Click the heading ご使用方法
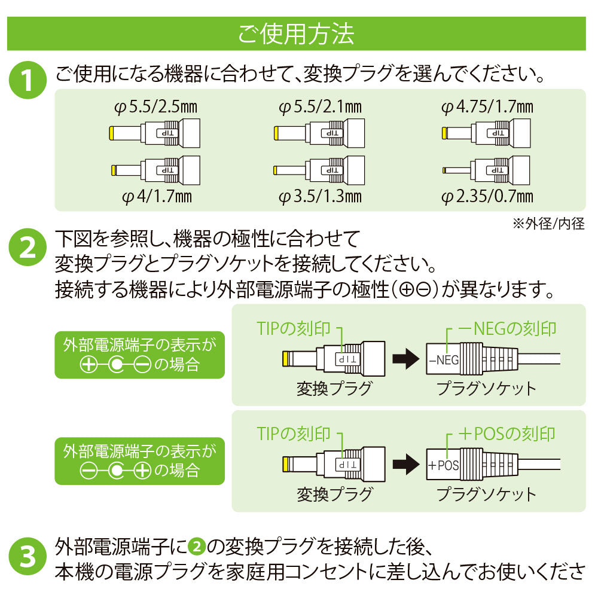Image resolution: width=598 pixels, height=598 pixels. tap(296, 34)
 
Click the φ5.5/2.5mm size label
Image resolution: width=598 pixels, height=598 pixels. tap(155, 108)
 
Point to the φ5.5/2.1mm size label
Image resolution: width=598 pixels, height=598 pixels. tap(320, 108)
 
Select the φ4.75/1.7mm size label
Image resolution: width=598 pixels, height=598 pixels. tap(487, 108)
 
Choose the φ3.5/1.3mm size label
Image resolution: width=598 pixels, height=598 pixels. tap(320, 196)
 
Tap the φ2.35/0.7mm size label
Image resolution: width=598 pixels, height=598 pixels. tap(487, 196)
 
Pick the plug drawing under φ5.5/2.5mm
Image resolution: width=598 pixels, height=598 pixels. tap(155, 132)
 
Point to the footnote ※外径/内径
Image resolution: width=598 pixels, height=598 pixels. tap(548, 224)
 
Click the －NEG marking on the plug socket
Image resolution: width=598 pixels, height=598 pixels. tap(443, 360)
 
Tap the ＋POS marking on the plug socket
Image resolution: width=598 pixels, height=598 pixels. tap(443, 465)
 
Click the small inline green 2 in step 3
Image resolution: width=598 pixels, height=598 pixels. tap(196, 547)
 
